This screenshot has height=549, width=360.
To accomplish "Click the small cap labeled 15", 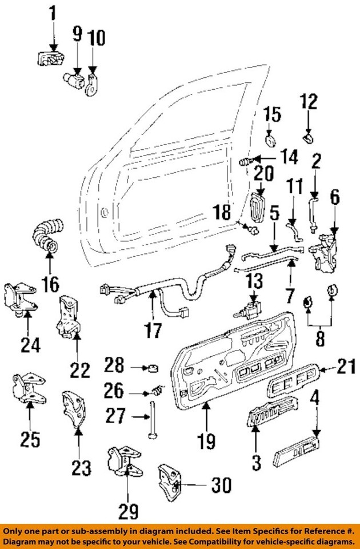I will point(271,140).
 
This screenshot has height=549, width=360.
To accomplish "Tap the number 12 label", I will point(309,102).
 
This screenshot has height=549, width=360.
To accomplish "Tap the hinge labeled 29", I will point(125,463).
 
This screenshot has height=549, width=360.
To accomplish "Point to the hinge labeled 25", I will point(26,391).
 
